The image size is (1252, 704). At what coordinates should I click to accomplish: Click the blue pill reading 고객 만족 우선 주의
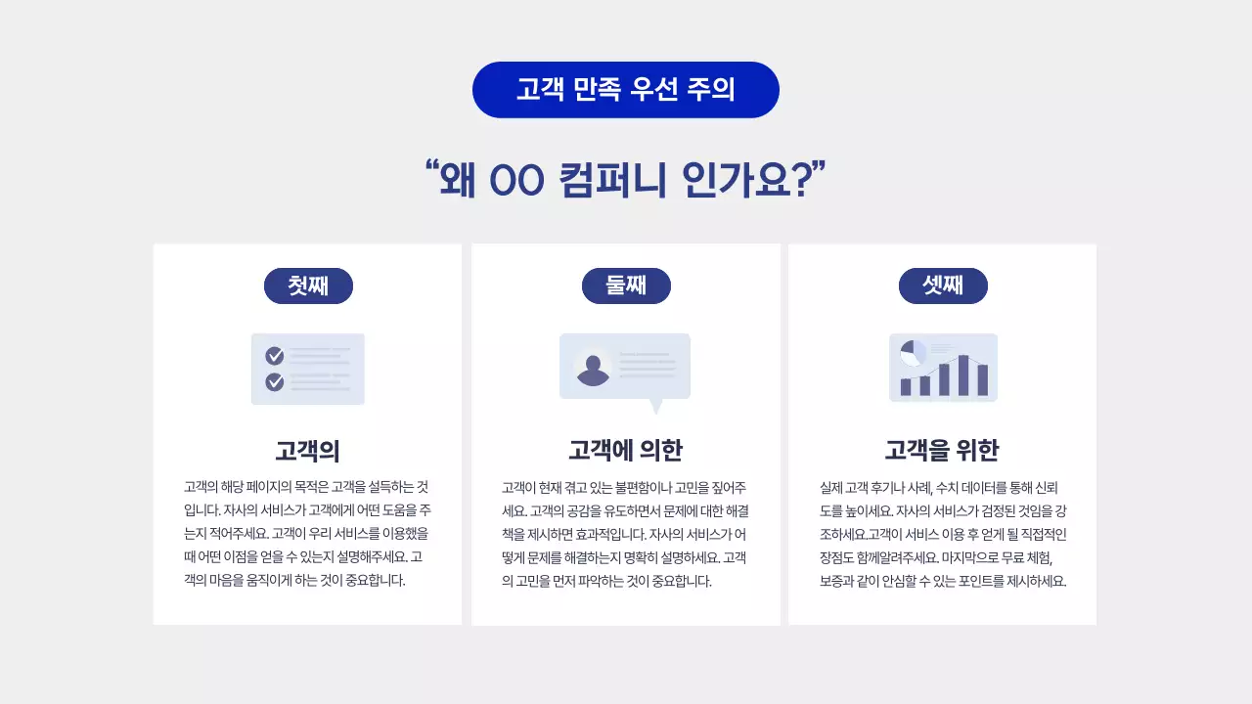[x=626, y=90]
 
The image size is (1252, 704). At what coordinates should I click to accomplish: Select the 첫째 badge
[x=308, y=286]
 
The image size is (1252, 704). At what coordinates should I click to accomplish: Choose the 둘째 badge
[x=626, y=286]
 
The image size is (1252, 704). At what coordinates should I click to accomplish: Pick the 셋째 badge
[x=943, y=286]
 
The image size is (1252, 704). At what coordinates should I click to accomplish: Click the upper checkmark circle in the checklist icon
[x=275, y=356]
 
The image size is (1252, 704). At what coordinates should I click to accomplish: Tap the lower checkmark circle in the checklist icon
[x=275, y=381]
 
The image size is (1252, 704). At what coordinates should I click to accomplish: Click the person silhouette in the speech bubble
[x=593, y=369]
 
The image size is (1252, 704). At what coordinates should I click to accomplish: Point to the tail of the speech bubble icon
[x=656, y=406]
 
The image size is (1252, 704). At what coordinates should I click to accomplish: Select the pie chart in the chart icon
[x=913, y=352]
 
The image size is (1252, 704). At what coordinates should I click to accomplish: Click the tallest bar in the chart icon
[x=963, y=374]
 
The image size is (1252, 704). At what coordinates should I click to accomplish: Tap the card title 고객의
[x=307, y=451]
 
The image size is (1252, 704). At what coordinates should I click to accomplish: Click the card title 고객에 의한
[x=626, y=451]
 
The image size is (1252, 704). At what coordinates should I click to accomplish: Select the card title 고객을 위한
[x=942, y=451]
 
